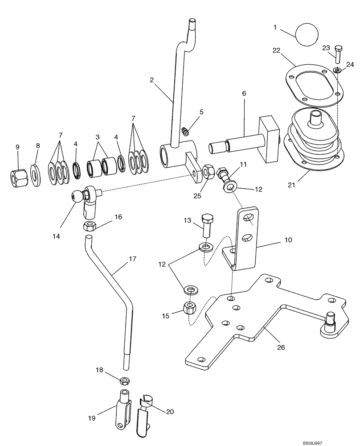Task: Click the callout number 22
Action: (x=277, y=51)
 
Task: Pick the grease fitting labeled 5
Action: (x=186, y=130)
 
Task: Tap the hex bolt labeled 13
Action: (x=207, y=226)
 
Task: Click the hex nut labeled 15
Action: (x=191, y=307)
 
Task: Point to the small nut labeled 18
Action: (x=125, y=380)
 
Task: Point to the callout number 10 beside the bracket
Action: (x=288, y=240)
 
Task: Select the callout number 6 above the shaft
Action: (x=244, y=94)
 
